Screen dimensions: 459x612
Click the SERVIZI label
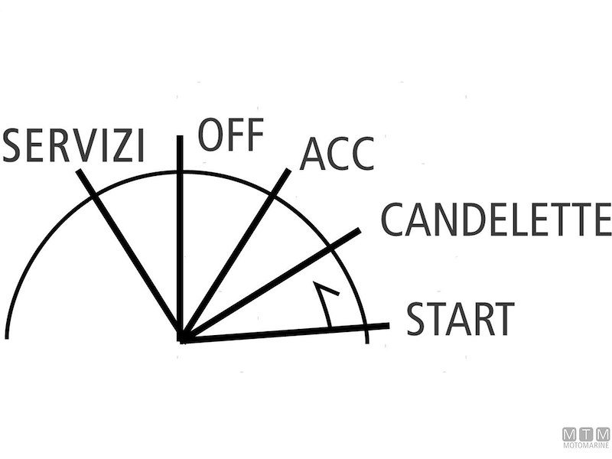[x=73, y=145]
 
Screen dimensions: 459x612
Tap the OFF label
[x=230, y=135]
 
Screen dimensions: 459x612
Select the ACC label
[x=337, y=155]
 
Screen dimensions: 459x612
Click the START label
[x=460, y=319]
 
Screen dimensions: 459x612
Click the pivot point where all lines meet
[x=182, y=337]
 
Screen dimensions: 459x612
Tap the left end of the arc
[x=7, y=335]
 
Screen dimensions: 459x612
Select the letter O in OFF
[x=211, y=135]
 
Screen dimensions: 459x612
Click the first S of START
[x=418, y=319]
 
